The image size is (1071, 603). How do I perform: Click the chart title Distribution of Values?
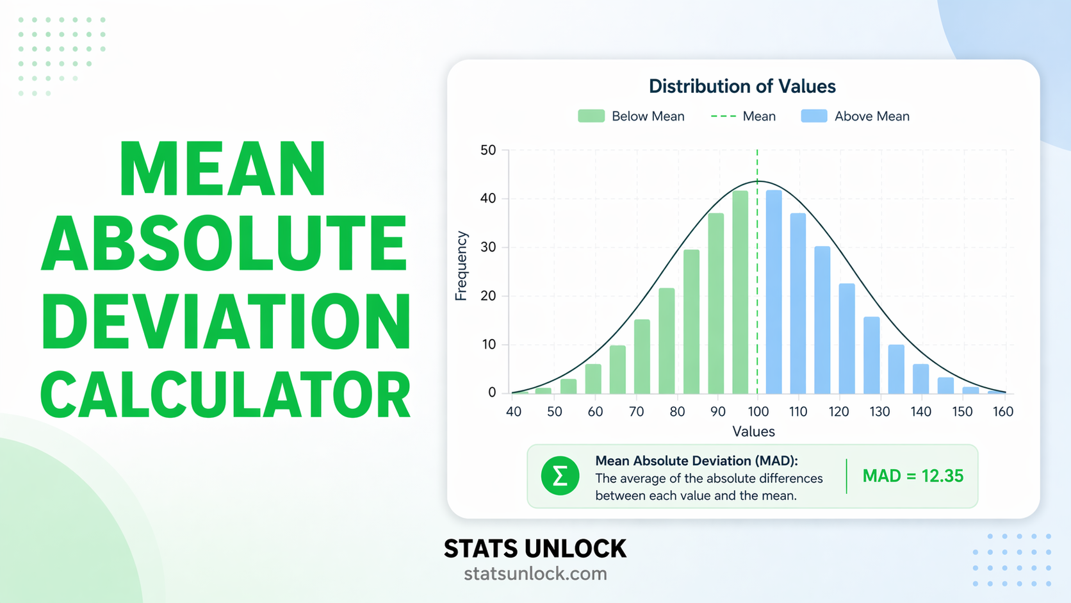click(x=742, y=86)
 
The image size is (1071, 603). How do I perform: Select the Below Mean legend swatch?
click(x=591, y=116)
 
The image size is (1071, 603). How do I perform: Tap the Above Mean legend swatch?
click(x=813, y=116)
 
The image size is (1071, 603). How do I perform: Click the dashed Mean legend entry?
click(x=743, y=116)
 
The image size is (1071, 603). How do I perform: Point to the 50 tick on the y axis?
click(x=488, y=150)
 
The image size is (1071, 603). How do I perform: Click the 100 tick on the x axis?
click(x=758, y=411)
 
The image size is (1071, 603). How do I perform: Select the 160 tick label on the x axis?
click(x=1003, y=411)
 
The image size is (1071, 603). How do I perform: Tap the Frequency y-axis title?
click(x=461, y=265)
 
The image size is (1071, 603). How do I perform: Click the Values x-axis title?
click(x=753, y=431)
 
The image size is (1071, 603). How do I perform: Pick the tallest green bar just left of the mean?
click(x=740, y=292)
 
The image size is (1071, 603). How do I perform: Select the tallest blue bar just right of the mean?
click(x=774, y=292)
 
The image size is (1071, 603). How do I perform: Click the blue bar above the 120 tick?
click(x=847, y=338)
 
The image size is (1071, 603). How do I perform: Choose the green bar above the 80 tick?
click(x=667, y=341)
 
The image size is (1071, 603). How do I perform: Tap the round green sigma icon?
click(x=560, y=476)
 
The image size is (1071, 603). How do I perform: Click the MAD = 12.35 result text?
click(x=913, y=476)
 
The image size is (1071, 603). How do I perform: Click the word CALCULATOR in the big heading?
click(x=225, y=395)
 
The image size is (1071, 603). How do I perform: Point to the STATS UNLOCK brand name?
click(x=535, y=549)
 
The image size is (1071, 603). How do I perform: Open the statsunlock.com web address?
click(x=535, y=574)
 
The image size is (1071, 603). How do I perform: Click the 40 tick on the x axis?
click(x=514, y=411)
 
